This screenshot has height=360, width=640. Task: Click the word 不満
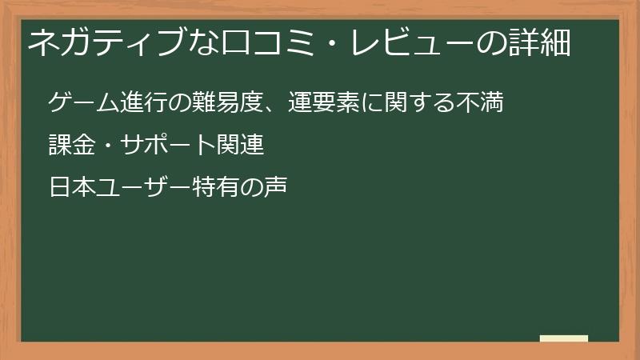pyautogui.click(x=479, y=104)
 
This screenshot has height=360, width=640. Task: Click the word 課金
pyautogui.click(x=73, y=146)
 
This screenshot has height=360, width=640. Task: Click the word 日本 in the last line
pyautogui.click(x=73, y=189)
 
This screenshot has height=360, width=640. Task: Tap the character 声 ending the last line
pyautogui.click(x=273, y=189)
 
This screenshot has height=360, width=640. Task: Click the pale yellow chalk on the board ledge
pyautogui.click(x=564, y=338)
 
